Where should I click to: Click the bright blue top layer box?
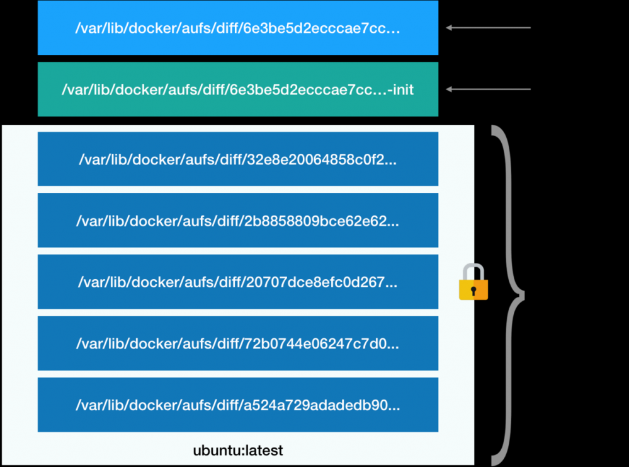[x=237, y=28]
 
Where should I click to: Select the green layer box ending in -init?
[x=237, y=89]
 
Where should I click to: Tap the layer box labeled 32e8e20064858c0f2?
[x=237, y=159]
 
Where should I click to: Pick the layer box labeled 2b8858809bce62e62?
[x=237, y=220]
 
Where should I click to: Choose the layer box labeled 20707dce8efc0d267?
[x=237, y=282]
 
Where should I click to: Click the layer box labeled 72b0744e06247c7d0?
[x=237, y=343]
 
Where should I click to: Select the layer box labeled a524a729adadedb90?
[x=237, y=405]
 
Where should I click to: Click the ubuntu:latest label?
[x=237, y=451]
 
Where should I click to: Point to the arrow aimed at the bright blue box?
[x=489, y=28]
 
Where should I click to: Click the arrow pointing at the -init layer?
[x=489, y=89]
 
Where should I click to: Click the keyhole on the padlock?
[x=473, y=291]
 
